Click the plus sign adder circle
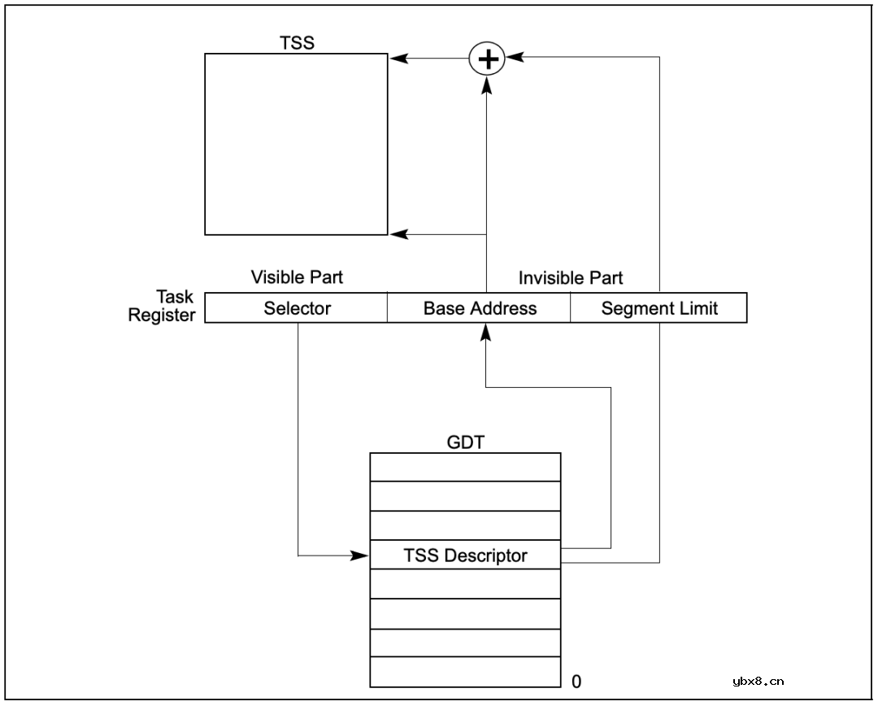click(x=487, y=59)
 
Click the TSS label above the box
click(x=296, y=42)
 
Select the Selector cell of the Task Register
click(x=297, y=308)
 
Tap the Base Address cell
click(x=480, y=308)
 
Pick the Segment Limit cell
click(x=659, y=308)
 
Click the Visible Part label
click(x=297, y=277)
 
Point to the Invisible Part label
click(x=571, y=278)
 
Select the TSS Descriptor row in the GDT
click(x=465, y=556)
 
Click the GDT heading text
click(x=465, y=443)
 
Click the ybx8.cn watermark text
click(x=758, y=682)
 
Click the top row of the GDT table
click(x=465, y=467)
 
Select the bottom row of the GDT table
click(x=465, y=672)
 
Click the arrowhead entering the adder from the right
click(x=513, y=58)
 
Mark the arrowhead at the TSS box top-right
click(x=397, y=59)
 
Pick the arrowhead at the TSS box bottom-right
click(x=397, y=234)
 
